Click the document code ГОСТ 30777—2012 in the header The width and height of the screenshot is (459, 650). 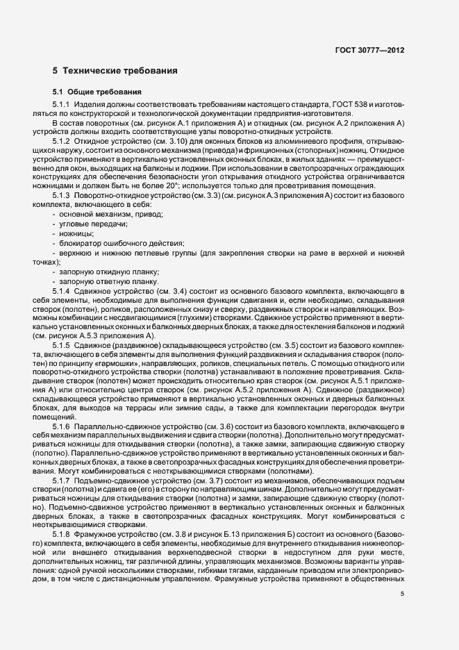click(x=365, y=51)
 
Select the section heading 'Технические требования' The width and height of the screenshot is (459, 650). click(x=114, y=71)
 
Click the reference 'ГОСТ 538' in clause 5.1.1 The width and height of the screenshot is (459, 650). click(x=358, y=104)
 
